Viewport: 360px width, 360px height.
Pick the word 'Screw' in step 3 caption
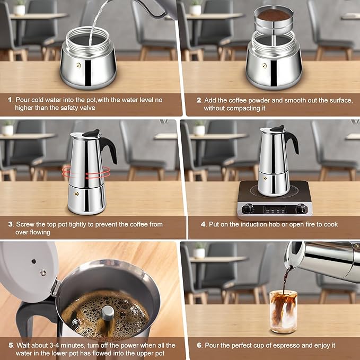click(25, 224)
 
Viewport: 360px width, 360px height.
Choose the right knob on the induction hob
click(301, 208)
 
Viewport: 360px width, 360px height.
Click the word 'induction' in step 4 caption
click(245, 224)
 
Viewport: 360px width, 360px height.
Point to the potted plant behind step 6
click(199, 250)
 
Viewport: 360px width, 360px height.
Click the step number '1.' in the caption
click(10, 100)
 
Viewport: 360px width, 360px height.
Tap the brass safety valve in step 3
click(76, 195)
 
